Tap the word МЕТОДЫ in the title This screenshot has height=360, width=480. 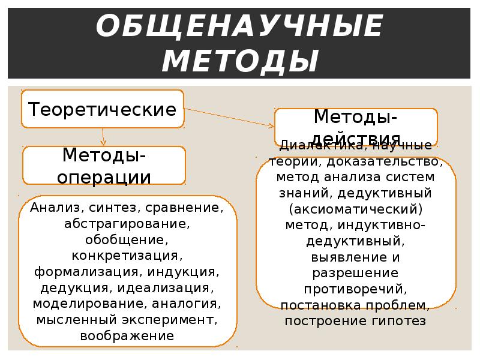240,61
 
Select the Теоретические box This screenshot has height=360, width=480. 103,109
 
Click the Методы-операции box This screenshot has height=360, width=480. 104,166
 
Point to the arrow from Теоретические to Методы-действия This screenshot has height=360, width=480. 228,118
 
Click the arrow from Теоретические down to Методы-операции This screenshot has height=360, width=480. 103,136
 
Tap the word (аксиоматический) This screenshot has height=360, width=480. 356,209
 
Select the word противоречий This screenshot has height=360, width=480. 356,289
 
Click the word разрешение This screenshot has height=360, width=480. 356,273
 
